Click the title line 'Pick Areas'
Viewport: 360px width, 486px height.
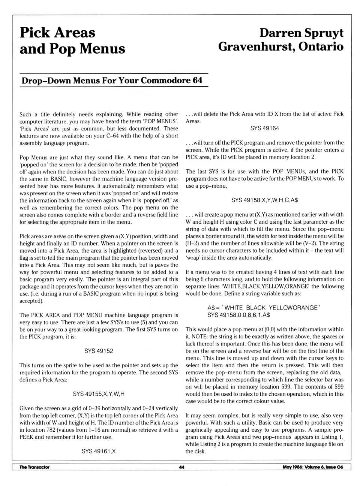(x=57, y=33)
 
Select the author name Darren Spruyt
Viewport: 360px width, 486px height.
(x=301, y=33)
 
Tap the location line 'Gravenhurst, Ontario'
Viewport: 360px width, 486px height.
(x=281, y=47)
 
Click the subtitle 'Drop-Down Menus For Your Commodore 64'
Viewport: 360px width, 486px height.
(x=112, y=81)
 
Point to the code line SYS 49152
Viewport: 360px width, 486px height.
(x=99, y=351)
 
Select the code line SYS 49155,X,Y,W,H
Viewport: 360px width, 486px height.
(x=99, y=394)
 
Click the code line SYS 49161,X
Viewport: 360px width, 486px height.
(x=99, y=452)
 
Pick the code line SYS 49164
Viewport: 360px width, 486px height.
(x=264, y=129)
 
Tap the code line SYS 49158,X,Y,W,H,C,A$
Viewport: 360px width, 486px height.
(x=264, y=200)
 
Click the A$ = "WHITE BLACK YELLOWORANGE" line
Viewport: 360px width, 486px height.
(x=264, y=308)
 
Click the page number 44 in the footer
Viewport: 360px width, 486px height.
(x=181, y=467)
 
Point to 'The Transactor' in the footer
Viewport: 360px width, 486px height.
(x=34, y=467)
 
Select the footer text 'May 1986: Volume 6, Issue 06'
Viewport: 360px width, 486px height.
(x=313, y=467)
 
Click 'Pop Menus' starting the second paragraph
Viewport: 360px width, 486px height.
(x=33, y=158)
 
